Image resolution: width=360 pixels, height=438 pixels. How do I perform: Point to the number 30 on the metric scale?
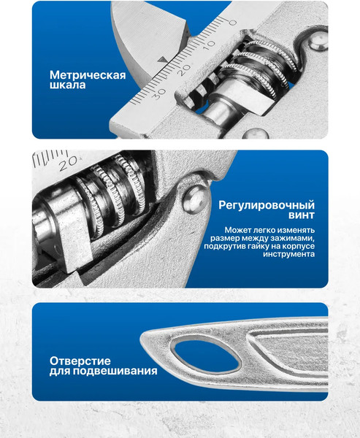tap(158, 93)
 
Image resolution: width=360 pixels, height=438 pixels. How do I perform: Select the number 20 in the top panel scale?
tap(182, 69)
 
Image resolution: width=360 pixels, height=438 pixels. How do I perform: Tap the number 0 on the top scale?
tap(232, 23)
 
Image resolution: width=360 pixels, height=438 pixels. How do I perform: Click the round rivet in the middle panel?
tap(193, 199)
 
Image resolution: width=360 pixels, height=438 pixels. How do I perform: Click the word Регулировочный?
tap(267, 205)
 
